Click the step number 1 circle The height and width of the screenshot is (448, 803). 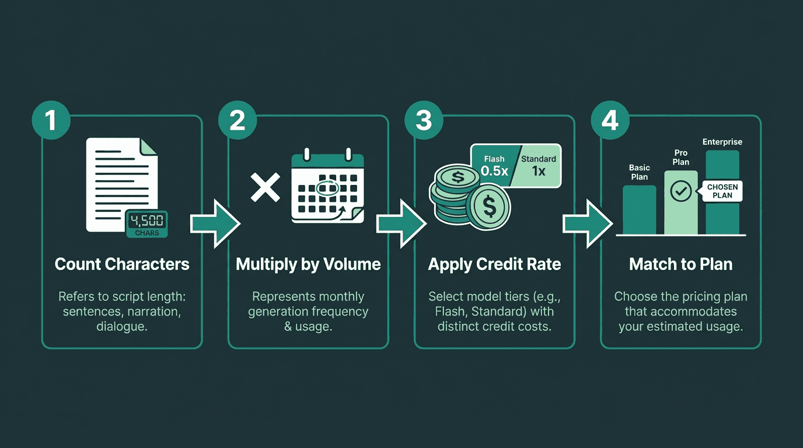50,120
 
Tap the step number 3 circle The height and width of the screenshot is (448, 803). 424,120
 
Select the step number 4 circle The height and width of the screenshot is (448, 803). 610,120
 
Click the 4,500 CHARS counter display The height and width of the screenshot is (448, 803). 147,224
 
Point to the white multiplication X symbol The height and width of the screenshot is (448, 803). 265,188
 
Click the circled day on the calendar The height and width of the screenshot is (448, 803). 327,188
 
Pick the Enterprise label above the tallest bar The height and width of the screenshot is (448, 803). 722,142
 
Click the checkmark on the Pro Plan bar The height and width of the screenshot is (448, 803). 681,191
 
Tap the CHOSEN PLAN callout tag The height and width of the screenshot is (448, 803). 722,191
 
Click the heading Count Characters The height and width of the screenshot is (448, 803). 122,264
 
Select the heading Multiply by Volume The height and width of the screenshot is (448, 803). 308,264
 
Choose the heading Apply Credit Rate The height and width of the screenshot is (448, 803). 494,264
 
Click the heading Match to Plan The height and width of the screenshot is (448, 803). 680,264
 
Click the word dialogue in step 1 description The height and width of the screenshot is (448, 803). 121,327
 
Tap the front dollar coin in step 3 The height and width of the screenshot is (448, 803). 489,206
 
